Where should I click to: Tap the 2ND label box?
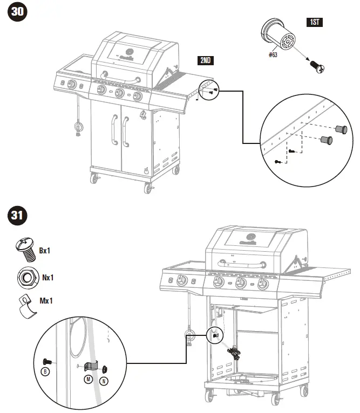205,60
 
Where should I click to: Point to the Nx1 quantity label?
48,278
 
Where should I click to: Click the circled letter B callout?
46,373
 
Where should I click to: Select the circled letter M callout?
88,380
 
